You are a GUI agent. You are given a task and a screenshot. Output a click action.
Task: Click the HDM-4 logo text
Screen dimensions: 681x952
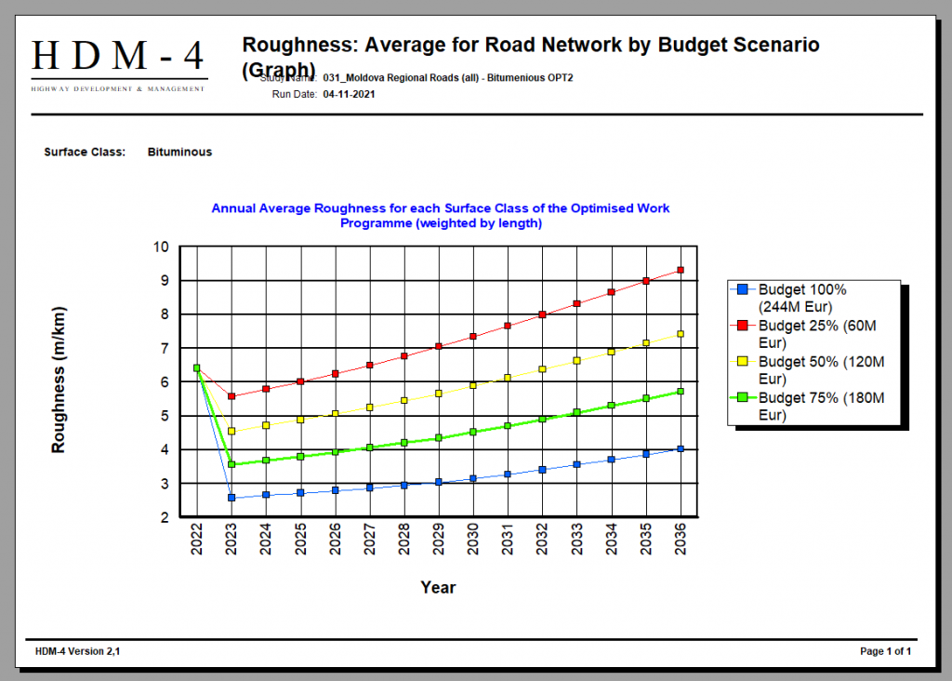tap(118, 57)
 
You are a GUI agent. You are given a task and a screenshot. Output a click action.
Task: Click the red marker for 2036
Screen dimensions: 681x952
tap(681, 270)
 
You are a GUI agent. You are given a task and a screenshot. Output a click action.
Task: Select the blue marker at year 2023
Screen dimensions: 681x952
tap(231, 498)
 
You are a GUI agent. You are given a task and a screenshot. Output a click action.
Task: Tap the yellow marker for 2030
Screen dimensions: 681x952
tap(472, 384)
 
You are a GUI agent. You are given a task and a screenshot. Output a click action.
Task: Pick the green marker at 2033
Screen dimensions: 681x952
tap(576, 412)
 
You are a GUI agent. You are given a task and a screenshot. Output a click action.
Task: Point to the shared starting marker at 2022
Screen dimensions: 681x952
tap(197, 368)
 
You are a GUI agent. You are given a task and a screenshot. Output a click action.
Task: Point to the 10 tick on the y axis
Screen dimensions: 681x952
tap(162, 247)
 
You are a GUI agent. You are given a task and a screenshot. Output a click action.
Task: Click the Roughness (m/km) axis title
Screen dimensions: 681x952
tap(59, 380)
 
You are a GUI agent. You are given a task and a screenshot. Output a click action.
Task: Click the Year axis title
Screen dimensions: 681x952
tap(438, 587)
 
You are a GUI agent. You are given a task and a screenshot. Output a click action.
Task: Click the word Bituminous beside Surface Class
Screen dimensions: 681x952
tap(179, 152)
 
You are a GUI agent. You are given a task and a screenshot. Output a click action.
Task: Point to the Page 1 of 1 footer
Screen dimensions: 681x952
tap(885, 651)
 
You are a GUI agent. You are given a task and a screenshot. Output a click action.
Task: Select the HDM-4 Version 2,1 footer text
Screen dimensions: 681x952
tap(78, 651)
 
